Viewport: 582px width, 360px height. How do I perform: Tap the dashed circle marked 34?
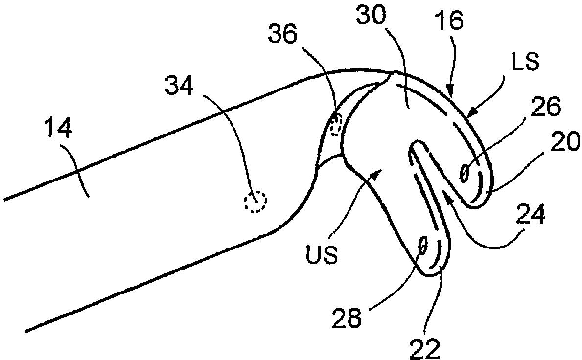pos(256,201)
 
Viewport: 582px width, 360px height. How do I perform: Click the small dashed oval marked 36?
pos(336,125)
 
